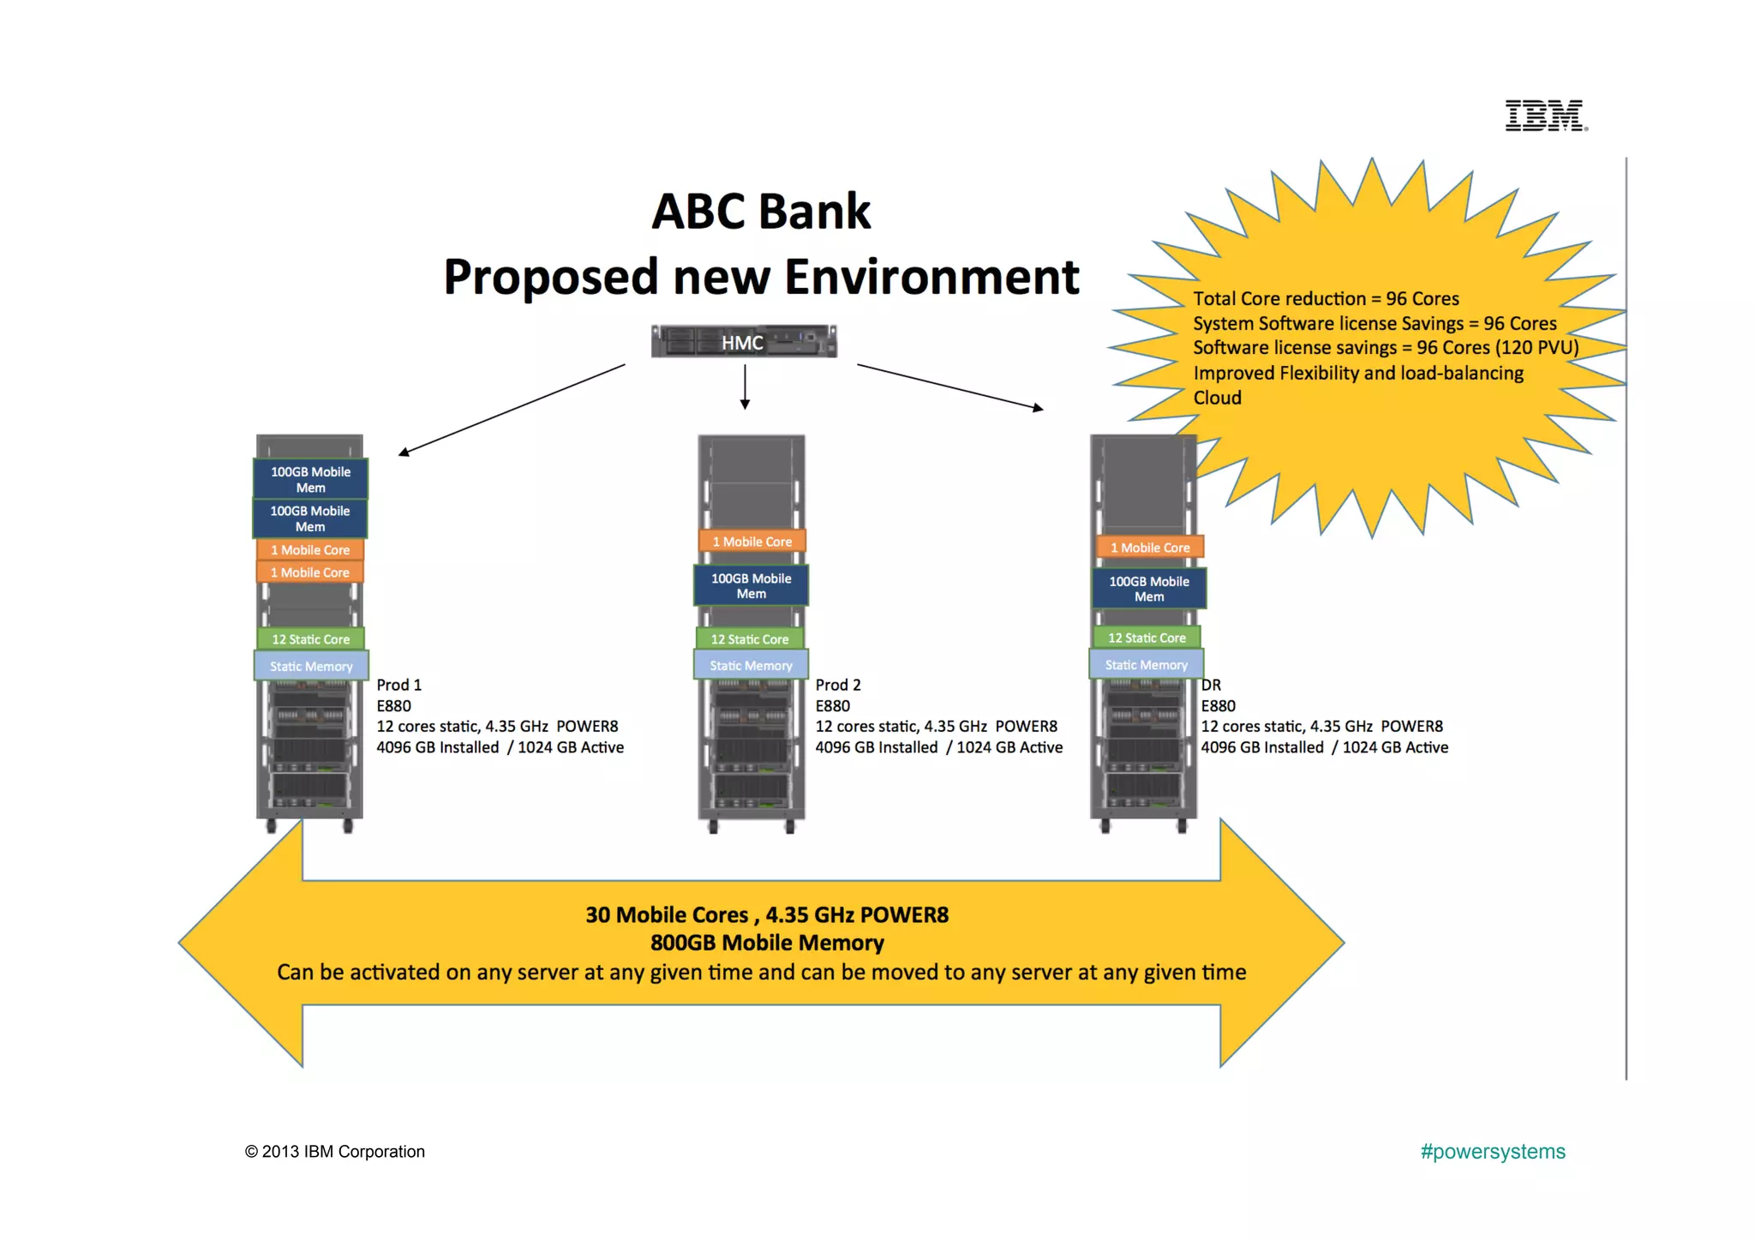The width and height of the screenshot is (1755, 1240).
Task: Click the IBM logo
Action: click(x=1546, y=116)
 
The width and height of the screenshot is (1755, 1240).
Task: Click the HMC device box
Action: click(x=743, y=342)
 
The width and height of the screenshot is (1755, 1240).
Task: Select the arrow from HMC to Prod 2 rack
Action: click(x=745, y=386)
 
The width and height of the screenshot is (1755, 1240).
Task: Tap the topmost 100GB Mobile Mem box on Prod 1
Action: click(x=310, y=479)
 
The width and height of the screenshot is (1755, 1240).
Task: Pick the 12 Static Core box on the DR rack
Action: click(x=1147, y=638)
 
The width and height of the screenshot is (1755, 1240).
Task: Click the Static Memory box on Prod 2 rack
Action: click(x=751, y=665)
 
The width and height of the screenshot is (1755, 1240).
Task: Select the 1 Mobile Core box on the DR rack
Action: click(x=1150, y=548)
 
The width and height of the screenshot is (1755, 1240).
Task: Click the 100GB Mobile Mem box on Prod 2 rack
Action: click(x=751, y=586)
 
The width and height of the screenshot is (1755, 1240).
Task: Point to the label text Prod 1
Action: click(x=399, y=685)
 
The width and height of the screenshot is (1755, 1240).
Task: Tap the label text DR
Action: click(x=1211, y=685)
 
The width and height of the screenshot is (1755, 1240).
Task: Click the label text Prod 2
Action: click(x=837, y=685)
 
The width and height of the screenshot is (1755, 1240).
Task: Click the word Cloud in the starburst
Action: click(x=1217, y=398)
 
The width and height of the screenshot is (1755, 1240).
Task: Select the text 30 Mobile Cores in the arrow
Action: click(x=667, y=915)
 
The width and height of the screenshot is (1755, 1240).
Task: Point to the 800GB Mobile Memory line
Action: click(x=767, y=943)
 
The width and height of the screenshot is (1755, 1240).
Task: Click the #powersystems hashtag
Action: click(x=1492, y=1151)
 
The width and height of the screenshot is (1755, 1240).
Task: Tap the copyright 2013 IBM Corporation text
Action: click(x=335, y=1152)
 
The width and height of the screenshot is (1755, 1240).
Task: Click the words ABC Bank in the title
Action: click(x=761, y=212)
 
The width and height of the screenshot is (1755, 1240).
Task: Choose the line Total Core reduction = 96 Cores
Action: click(x=1326, y=298)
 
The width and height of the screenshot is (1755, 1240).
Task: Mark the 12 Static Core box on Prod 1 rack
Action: click(x=310, y=639)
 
